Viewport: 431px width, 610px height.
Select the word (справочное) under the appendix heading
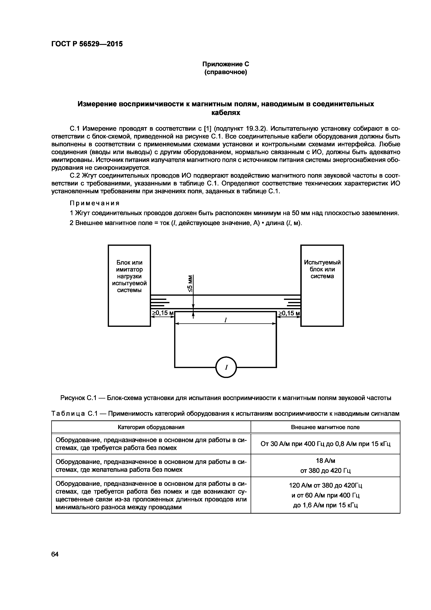[226, 72]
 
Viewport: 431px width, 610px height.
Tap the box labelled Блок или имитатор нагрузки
[129, 276]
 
